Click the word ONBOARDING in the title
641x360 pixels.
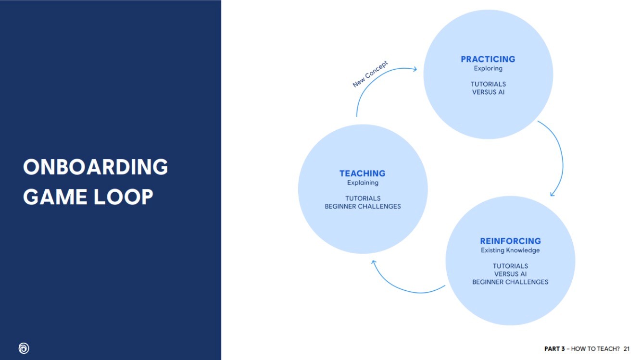(96, 167)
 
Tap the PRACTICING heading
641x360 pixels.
(488, 59)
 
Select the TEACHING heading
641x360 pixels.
(362, 174)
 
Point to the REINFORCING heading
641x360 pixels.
(510, 241)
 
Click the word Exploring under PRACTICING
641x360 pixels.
(488, 68)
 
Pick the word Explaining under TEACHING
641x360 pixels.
(363, 183)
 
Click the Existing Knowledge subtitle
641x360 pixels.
(510, 250)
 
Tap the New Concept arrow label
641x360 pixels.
(370, 74)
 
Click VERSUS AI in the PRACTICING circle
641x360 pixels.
(488, 92)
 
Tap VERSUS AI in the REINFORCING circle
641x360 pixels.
(510, 274)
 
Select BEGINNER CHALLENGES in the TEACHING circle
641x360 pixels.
(363, 206)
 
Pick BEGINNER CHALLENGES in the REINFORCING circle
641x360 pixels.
(510, 282)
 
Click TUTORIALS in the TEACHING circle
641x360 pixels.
(363, 198)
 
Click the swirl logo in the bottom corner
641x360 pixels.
(24, 348)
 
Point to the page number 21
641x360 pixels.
(626, 348)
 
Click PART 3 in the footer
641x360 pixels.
(554, 348)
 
